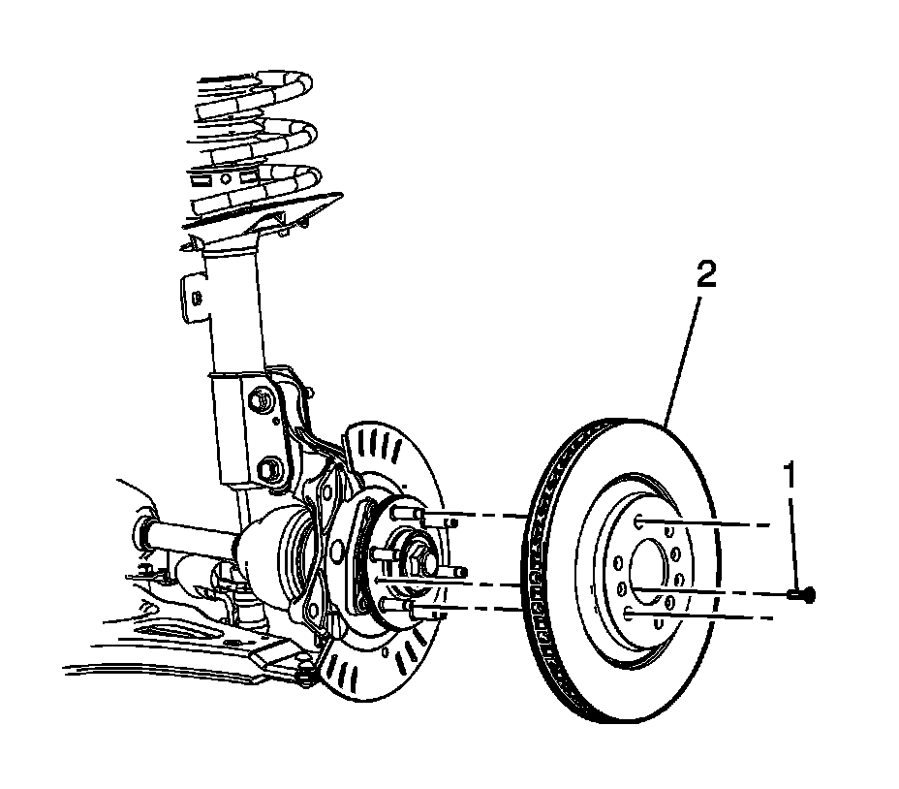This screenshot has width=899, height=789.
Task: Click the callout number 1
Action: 791,478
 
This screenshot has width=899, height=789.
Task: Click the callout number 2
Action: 705,275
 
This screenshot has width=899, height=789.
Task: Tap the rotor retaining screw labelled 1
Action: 803,593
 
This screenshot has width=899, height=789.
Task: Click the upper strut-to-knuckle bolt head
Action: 259,398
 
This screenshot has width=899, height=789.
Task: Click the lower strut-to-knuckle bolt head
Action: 271,467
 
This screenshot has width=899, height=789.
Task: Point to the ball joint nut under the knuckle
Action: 308,669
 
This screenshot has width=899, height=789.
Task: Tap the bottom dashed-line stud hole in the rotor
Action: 632,613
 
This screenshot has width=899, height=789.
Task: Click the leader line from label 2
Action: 683,359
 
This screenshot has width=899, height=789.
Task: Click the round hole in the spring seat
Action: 225,179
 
